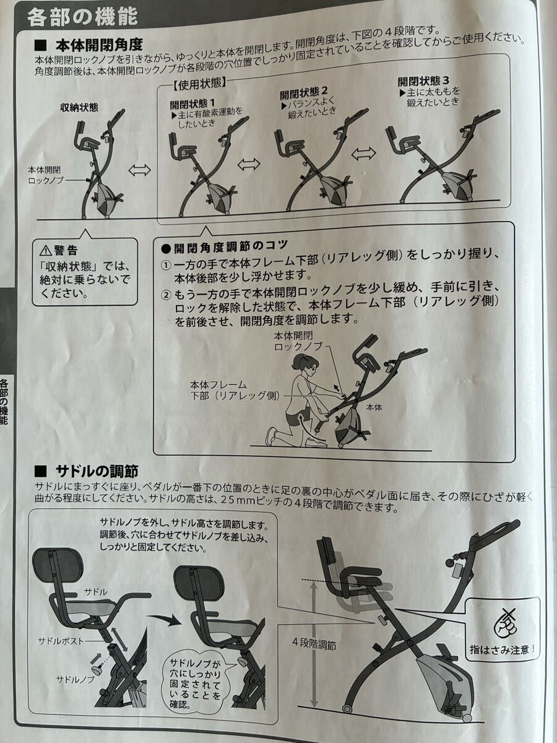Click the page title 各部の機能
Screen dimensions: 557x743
[83, 16]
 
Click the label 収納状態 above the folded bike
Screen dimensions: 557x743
[79, 108]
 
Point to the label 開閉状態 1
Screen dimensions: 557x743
[192, 103]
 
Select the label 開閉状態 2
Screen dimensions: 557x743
[303, 92]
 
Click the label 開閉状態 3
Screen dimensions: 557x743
[423, 81]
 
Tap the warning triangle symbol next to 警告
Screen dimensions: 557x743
[46, 251]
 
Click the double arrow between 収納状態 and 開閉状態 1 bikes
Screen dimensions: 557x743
[139, 170]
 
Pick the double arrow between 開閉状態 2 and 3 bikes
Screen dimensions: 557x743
[363, 153]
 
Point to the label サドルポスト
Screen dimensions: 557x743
[61, 640]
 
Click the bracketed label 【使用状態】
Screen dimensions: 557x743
[199, 84]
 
